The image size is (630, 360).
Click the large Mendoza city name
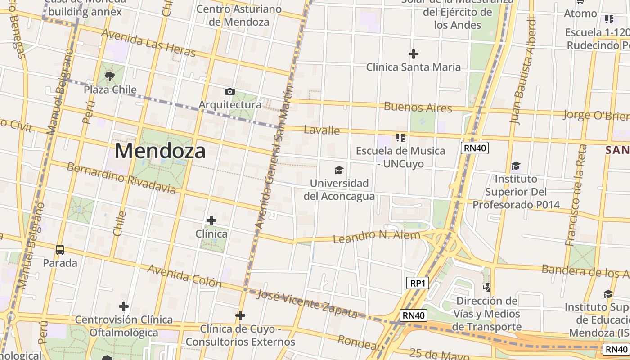click(160, 151)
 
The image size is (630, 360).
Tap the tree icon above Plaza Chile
click(109, 76)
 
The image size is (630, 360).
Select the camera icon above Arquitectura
click(229, 92)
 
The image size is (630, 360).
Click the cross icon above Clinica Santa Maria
click(413, 54)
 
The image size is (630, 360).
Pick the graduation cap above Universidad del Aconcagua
click(339, 170)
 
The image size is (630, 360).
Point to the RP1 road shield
click(417, 283)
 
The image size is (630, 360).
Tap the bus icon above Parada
click(60, 249)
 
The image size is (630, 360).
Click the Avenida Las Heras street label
click(148, 43)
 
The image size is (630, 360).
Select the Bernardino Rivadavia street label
click(121, 178)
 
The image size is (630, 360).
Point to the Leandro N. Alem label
click(377, 236)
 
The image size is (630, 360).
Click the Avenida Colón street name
click(184, 276)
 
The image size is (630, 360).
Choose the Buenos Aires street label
click(418, 107)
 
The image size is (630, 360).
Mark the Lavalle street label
click(322, 130)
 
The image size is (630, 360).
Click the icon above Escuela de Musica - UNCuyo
click(400, 137)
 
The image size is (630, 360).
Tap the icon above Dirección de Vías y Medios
click(486, 287)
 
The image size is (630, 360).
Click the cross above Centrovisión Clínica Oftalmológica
click(124, 306)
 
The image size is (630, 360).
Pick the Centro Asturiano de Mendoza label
click(239, 15)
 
